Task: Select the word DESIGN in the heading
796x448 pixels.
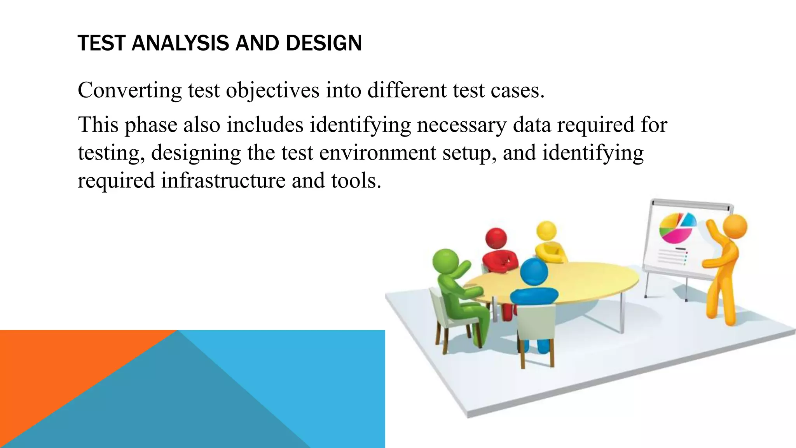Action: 324,43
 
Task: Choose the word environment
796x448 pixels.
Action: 377,152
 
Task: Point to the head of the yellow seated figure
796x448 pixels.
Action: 546,231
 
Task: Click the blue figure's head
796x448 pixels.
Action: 534,271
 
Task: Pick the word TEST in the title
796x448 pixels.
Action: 102,43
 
